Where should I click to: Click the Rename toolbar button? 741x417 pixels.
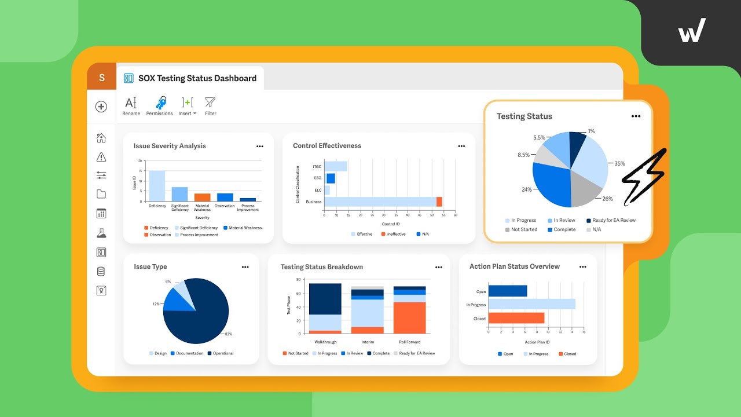[x=131, y=106]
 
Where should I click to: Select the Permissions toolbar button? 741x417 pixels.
[x=160, y=106]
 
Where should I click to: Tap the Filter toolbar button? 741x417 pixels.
[x=210, y=106]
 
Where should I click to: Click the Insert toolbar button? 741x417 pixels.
[x=187, y=106]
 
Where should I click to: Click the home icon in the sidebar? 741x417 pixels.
[x=101, y=138]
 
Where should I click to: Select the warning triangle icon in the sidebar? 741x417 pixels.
[x=101, y=157]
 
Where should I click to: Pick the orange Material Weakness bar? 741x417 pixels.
[x=202, y=197]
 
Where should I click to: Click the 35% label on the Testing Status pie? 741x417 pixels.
[x=619, y=164]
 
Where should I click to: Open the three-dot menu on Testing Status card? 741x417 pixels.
[x=636, y=116]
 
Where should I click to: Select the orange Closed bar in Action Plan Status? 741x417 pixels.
[x=516, y=318]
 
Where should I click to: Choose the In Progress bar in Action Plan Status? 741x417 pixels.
[x=531, y=304]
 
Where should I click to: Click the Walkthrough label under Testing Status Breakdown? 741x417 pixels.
[x=325, y=342]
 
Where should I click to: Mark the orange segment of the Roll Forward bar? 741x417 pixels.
[x=409, y=318]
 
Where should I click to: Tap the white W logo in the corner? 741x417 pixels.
[x=692, y=31]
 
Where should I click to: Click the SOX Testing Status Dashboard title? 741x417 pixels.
[x=197, y=78]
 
